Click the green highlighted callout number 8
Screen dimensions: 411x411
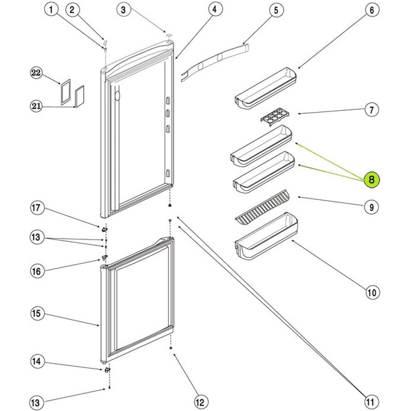tap(371, 180)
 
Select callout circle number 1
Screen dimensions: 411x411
tap(51, 10)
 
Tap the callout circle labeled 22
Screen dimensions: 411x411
tap(36, 72)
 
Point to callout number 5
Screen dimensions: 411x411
tap(276, 10)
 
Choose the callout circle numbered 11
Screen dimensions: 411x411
tap(370, 402)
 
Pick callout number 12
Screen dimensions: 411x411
tap(201, 402)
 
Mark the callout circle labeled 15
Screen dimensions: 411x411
tap(36, 313)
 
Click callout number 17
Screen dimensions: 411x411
tap(36, 208)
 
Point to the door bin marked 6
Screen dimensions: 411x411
tap(266, 88)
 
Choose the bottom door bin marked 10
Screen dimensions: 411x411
tap(266, 236)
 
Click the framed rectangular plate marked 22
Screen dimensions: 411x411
tap(66, 92)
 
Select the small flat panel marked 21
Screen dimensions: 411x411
tap(80, 96)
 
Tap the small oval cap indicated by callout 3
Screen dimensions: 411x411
tap(170, 35)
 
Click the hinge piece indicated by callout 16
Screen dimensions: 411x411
tap(105, 257)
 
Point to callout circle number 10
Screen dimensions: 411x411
tap(372, 292)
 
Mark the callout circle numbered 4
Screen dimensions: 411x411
tap(215, 10)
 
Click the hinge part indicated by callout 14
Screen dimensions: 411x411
tap(107, 369)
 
